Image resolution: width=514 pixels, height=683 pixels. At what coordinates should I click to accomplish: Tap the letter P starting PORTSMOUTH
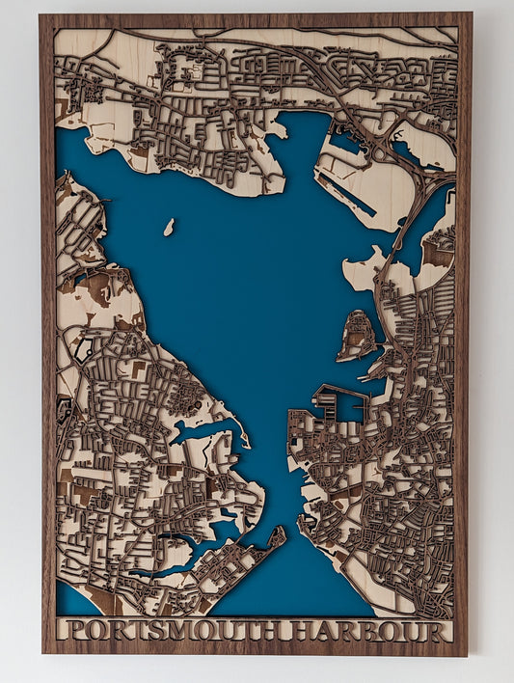click(x=68, y=633)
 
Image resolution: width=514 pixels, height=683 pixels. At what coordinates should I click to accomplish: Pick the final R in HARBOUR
click(x=442, y=633)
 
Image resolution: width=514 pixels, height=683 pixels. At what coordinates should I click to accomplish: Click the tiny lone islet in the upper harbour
click(x=169, y=228)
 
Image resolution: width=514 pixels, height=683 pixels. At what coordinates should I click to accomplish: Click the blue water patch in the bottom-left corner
click(x=75, y=598)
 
